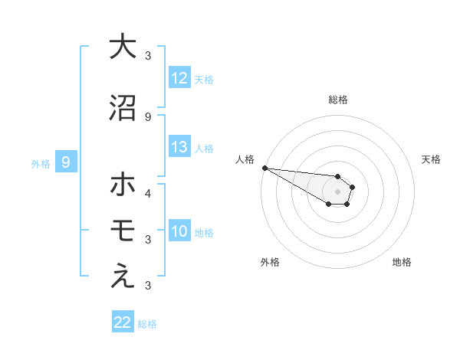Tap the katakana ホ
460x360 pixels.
pyautogui.click(x=123, y=185)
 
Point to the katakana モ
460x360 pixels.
pyautogui.click(x=123, y=231)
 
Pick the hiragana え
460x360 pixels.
pyautogui.click(x=123, y=277)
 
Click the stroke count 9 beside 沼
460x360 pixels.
pyautogui.click(x=148, y=116)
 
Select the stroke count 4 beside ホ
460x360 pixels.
pyautogui.click(x=148, y=194)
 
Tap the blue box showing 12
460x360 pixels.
pyautogui.click(x=179, y=78)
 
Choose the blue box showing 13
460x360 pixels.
pyautogui.click(x=179, y=148)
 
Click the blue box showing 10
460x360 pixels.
pyautogui.click(x=179, y=232)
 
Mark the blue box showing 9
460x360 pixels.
pyautogui.click(x=66, y=162)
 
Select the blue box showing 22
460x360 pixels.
pyautogui.click(x=123, y=322)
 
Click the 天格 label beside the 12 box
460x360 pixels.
pyautogui.click(x=204, y=79)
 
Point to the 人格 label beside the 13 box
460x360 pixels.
pyautogui.click(x=204, y=149)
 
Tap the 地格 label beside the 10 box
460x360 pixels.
pyautogui.click(x=204, y=233)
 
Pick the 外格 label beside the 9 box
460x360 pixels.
pyautogui.click(x=41, y=163)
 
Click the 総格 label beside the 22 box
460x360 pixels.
pyautogui.click(x=147, y=323)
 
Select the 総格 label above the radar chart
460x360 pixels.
pyautogui.click(x=337, y=100)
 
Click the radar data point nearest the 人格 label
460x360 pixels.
pyautogui.click(x=264, y=168)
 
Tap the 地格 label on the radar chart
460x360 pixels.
pyautogui.click(x=402, y=262)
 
